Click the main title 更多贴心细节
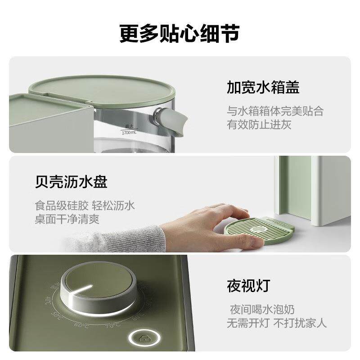click(180, 34)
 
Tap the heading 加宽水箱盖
click(263, 87)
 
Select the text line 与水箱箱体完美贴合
click(274, 111)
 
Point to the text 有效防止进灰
click(259, 125)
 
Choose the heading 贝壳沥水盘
click(71, 183)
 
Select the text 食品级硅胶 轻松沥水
click(85, 206)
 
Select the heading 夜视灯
click(248, 285)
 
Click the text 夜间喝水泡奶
click(263, 309)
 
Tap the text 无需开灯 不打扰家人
click(276, 323)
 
